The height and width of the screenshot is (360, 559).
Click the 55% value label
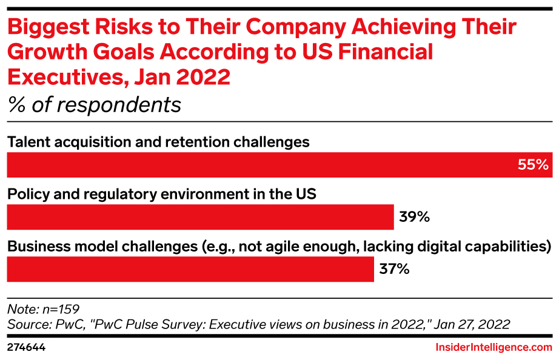(x=533, y=165)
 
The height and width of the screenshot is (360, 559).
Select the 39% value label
(x=414, y=216)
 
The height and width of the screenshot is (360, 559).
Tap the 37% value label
(x=394, y=268)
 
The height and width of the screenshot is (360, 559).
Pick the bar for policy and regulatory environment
(x=200, y=217)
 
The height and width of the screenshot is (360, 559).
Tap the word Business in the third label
(x=35, y=247)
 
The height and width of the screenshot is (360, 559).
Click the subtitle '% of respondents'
(x=94, y=105)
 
